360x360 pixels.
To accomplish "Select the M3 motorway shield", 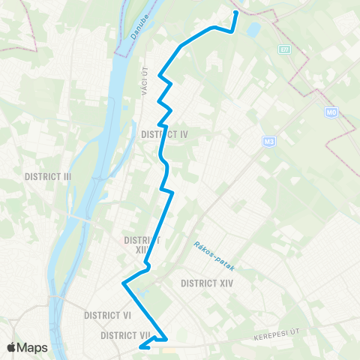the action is [269, 141].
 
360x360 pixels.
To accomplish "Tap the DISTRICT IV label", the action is [163, 134].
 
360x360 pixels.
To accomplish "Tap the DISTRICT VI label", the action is [108, 315].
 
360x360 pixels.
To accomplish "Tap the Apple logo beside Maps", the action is [12, 347].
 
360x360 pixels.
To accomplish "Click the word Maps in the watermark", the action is [33, 347].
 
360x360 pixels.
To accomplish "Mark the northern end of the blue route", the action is [235, 13].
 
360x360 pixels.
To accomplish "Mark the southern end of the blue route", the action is [141, 346].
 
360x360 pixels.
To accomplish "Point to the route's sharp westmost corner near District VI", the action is [123, 283].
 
